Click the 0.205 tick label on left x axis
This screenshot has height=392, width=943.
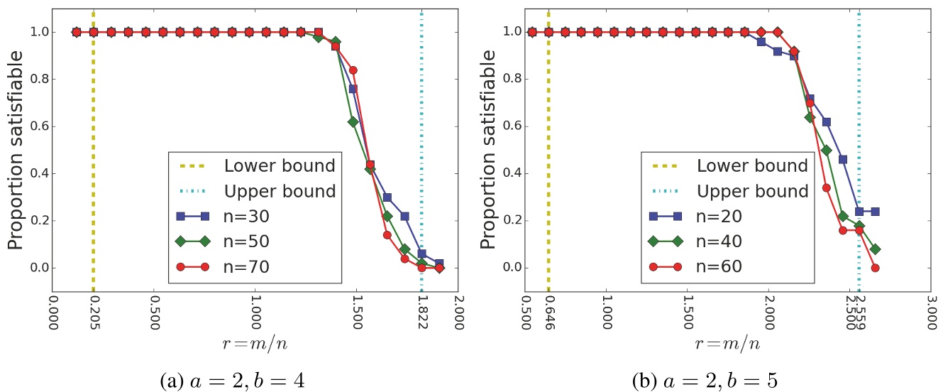point(93,312)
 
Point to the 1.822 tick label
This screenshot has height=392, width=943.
point(421,312)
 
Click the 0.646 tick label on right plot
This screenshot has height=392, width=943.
point(548,312)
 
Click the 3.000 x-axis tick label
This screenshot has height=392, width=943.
point(931,312)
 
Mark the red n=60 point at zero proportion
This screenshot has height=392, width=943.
point(875,268)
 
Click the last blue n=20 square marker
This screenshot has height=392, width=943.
point(875,211)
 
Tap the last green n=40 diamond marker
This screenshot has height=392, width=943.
point(875,249)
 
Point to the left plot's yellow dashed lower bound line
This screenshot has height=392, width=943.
point(93,107)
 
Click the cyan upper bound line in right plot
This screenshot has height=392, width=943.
point(859,107)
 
